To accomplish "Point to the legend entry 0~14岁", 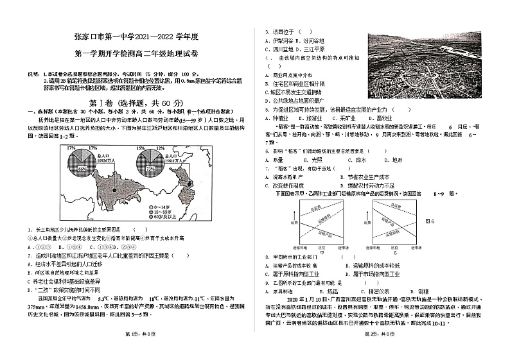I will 161,207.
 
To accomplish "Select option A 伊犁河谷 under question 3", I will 279,40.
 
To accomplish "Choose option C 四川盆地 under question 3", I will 279,49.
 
